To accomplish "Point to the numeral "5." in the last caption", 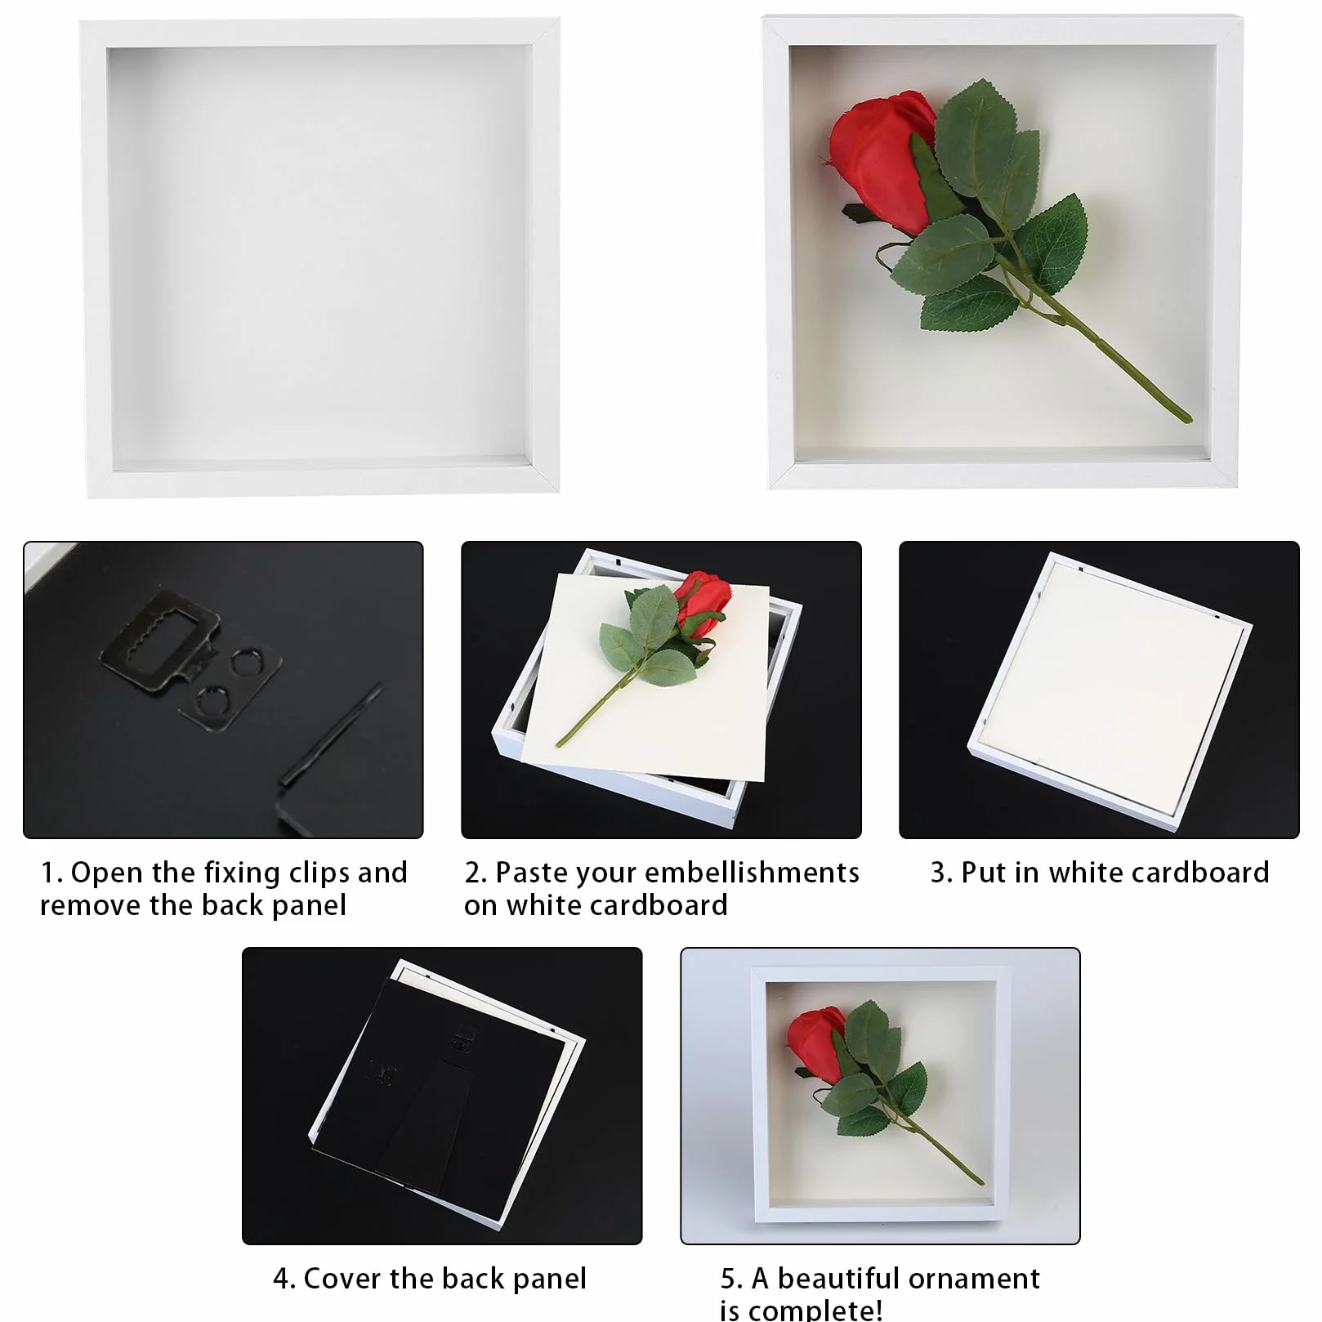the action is [x=731, y=1279].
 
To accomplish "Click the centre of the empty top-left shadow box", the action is [x=320, y=257].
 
